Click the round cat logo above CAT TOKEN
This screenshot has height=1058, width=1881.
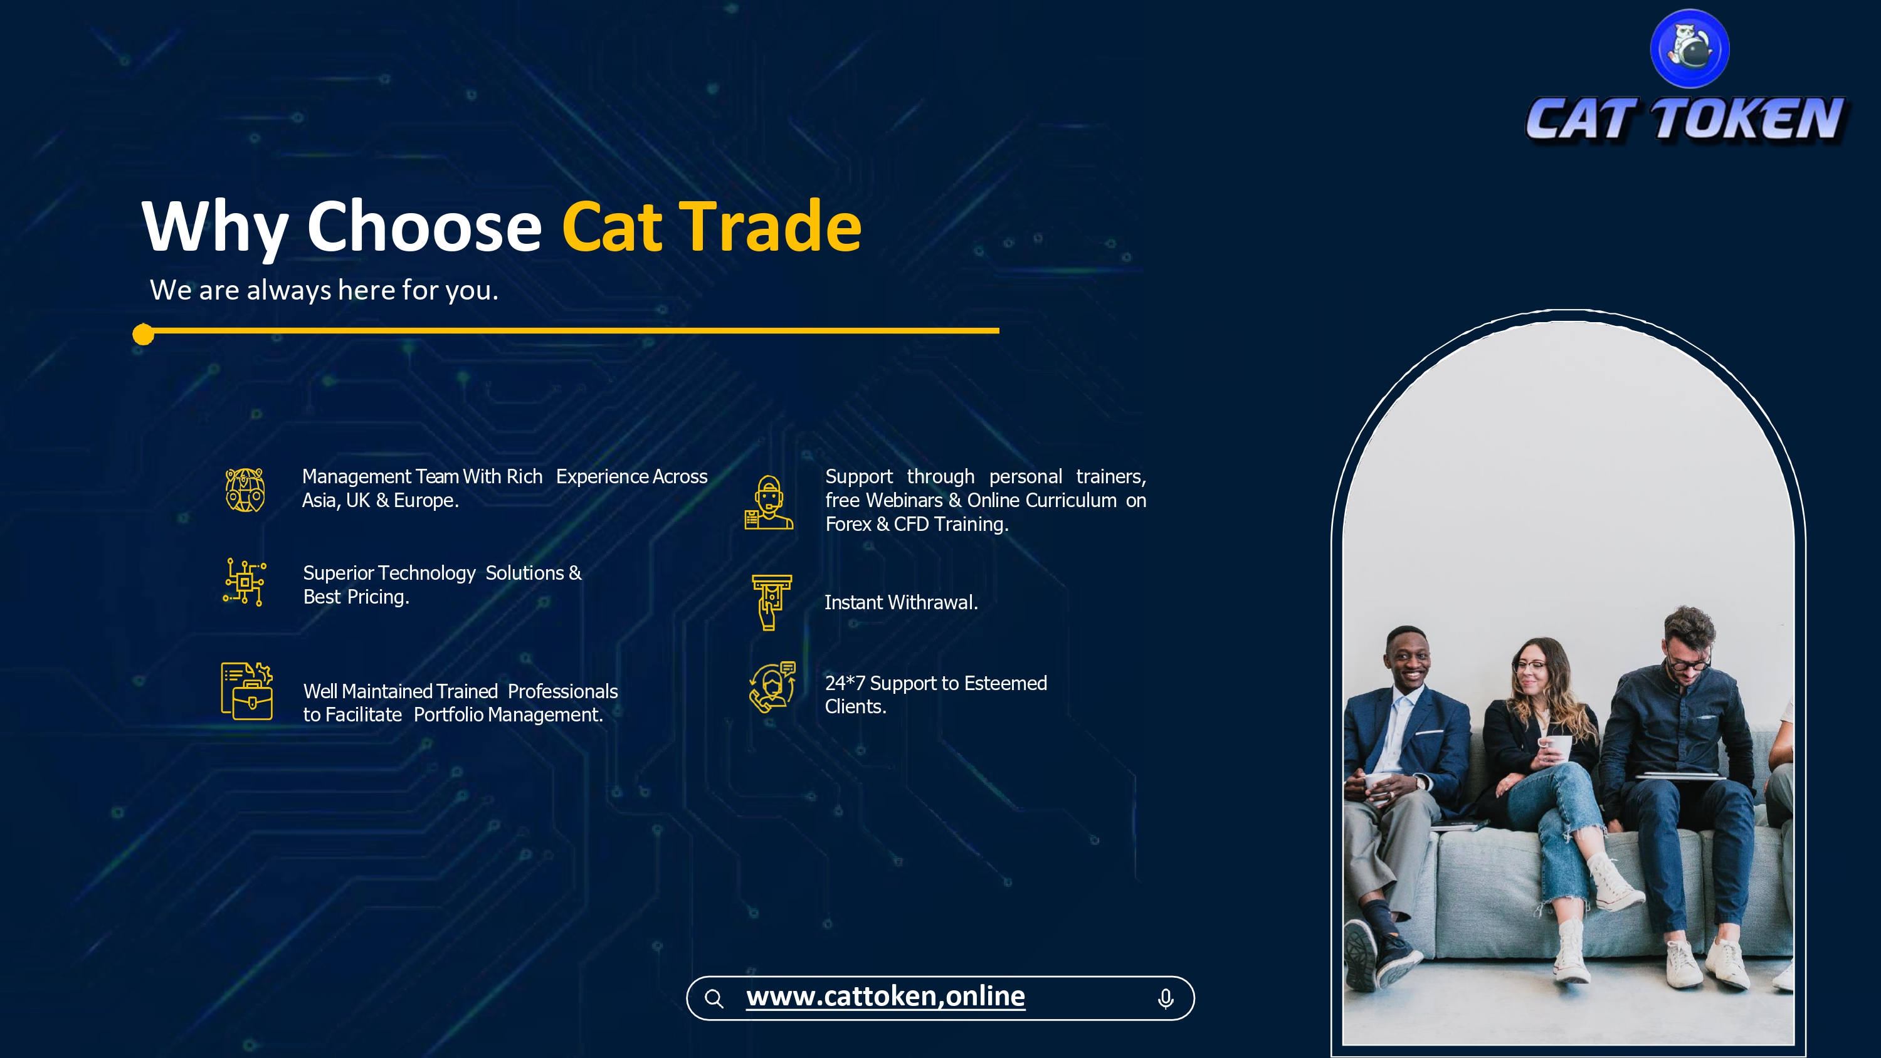pyautogui.click(x=1690, y=48)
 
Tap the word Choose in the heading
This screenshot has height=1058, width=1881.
pyautogui.click(x=423, y=226)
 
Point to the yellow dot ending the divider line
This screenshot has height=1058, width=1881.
pyautogui.click(x=143, y=335)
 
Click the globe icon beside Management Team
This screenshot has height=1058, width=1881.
pyautogui.click(x=245, y=490)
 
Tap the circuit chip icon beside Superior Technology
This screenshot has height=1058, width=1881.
pyautogui.click(x=245, y=582)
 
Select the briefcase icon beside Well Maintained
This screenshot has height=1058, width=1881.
pyautogui.click(x=247, y=691)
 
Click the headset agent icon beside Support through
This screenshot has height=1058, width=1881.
pyautogui.click(x=769, y=502)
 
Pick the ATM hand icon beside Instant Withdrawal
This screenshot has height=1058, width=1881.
pyautogui.click(x=772, y=602)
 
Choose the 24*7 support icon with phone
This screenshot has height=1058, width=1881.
pyautogui.click(x=772, y=687)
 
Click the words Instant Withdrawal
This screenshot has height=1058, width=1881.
pyautogui.click(x=901, y=602)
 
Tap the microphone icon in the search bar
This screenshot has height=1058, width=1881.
pyautogui.click(x=1166, y=998)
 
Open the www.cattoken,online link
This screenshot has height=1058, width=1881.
pyautogui.click(x=885, y=997)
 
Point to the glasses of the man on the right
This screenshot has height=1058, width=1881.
pyautogui.click(x=1687, y=663)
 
